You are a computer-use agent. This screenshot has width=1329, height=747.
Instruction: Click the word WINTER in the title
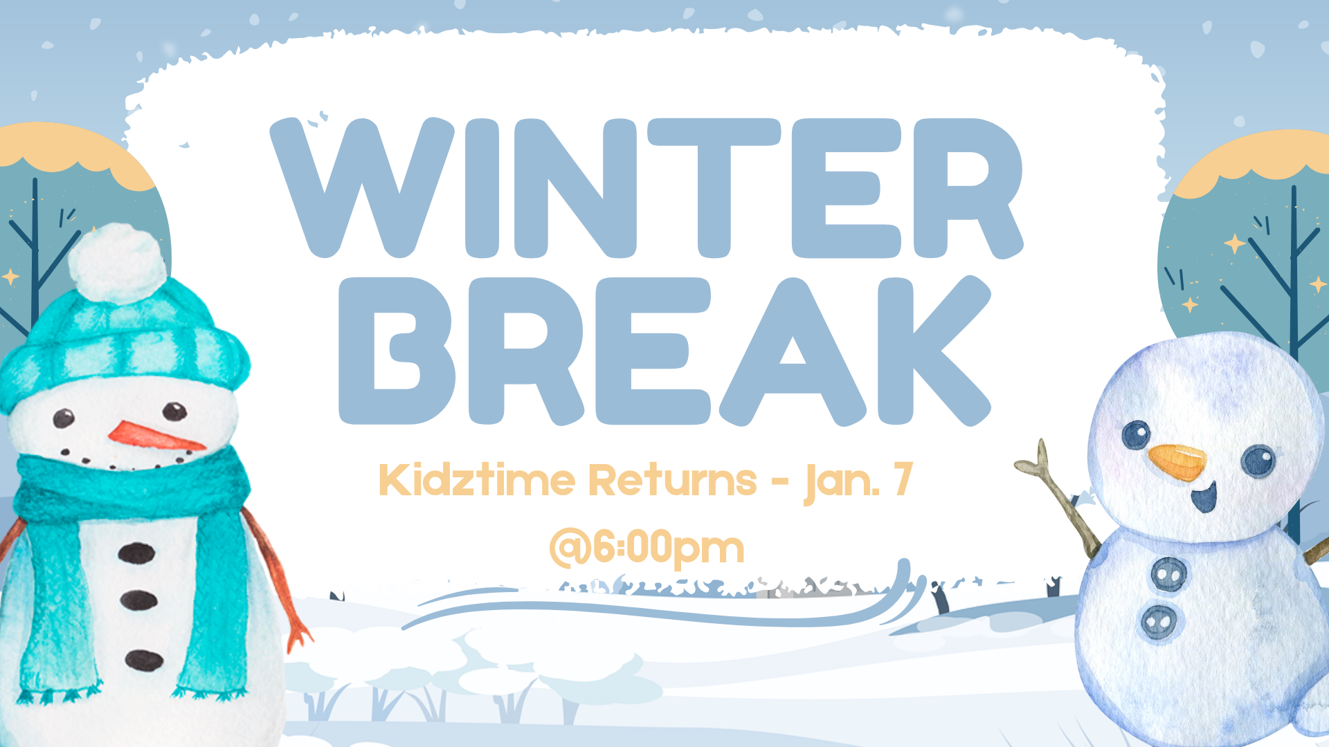pos(647,188)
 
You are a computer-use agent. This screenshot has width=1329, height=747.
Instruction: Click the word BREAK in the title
pos(664,351)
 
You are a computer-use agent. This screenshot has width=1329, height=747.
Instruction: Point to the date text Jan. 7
pos(858,481)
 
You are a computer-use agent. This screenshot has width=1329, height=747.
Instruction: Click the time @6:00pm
pos(647,548)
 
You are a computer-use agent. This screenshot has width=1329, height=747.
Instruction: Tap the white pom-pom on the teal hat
pos(118,263)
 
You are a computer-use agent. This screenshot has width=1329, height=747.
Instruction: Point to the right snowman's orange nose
pos(1177,462)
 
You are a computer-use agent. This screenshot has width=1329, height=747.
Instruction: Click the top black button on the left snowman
pos(136,553)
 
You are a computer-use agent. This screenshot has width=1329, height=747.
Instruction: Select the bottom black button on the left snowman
pos(144,660)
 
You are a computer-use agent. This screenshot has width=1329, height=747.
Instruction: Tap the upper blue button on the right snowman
pos(1169,573)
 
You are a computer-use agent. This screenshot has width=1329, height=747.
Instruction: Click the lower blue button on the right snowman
pos(1159,622)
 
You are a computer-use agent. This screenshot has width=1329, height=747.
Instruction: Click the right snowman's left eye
pos(1136,435)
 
